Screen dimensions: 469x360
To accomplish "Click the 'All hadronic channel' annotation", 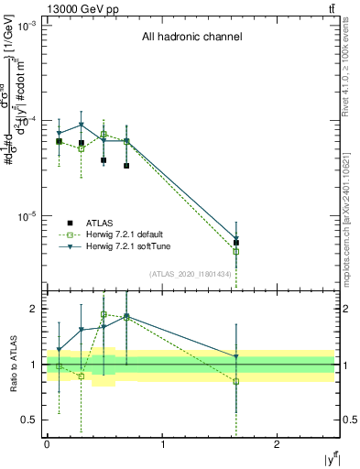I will (x=191, y=38).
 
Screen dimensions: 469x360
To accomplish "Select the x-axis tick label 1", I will (x=162, y=443).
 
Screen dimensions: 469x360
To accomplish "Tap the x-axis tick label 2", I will (x=277, y=443).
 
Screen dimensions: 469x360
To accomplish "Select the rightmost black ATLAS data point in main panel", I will (x=236, y=243).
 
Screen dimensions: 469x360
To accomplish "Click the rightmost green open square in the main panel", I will (x=236, y=251).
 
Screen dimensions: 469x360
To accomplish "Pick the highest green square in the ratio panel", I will (x=104, y=314).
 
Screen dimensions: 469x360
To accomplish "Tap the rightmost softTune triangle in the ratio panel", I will (x=236, y=357).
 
